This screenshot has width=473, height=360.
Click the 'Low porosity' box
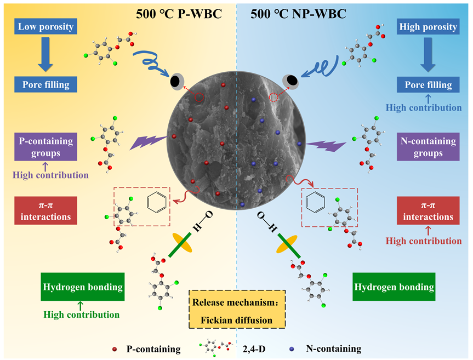(x=45, y=26)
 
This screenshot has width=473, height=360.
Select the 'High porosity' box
(x=428, y=26)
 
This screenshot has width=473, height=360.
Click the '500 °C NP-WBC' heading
(x=299, y=14)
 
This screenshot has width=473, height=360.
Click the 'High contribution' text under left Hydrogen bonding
(x=82, y=315)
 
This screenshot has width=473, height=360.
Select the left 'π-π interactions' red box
(x=45, y=211)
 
